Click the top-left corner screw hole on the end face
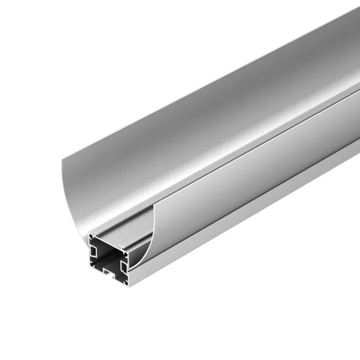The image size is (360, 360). click(95, 239)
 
